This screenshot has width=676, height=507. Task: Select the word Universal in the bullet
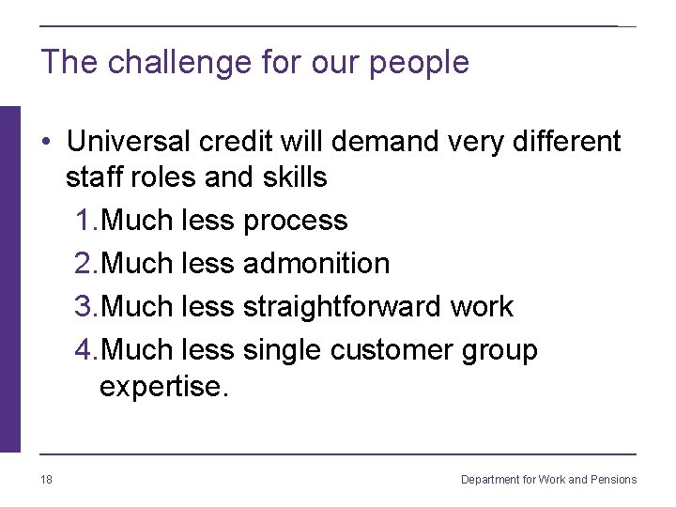click(x=130, y=141)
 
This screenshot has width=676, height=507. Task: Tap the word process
click(x=295, y=222)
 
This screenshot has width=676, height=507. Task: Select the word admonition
click(x=315, y=264)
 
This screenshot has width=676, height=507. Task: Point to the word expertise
click(x=163, y=387)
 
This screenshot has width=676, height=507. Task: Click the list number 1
click(x=84, y=221)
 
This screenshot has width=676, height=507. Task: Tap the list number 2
click(x=84, y=264)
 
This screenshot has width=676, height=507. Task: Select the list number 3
click(x=84, y=307)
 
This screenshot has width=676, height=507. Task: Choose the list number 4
click(x=84, y=350)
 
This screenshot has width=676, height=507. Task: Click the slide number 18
click(x=46, y=480)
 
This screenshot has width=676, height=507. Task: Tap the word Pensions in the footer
click(x=615, y=480)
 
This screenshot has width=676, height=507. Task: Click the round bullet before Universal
click(x=46, y=142)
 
